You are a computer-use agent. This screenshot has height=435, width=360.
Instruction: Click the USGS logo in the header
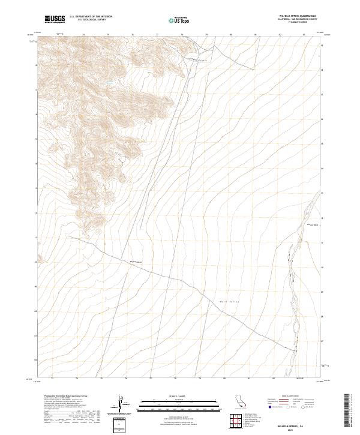pos(55,19)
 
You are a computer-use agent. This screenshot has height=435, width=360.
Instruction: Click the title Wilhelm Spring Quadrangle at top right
pos(296,16)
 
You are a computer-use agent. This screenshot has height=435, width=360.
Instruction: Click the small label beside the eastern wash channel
pos(312,224)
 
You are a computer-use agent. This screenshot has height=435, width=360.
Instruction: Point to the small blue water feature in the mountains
pos(109,82)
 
